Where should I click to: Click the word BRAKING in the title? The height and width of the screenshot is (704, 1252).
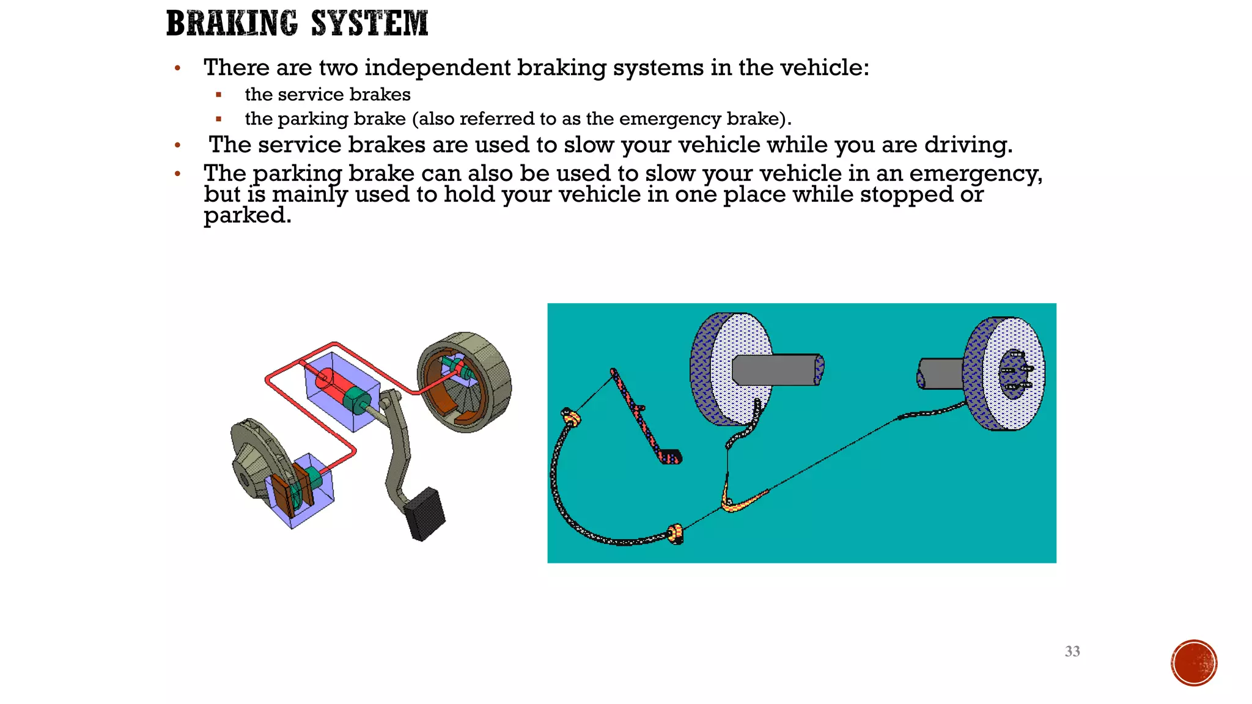coord(232,23)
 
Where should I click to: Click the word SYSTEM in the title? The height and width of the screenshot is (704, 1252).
coord(369,23)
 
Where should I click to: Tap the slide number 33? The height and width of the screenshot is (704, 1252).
coord(1072,651)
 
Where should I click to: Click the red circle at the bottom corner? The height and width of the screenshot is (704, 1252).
coord(1194,663)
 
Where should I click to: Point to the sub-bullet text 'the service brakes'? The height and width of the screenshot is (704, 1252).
coord(328,95)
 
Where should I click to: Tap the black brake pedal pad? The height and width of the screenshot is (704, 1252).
coord(425,513)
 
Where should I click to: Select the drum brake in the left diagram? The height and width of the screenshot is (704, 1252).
coord(465,381)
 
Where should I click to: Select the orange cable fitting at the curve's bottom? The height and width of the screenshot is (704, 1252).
coord(675,533)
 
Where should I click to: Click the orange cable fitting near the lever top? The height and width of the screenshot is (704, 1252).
coord(571,417)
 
